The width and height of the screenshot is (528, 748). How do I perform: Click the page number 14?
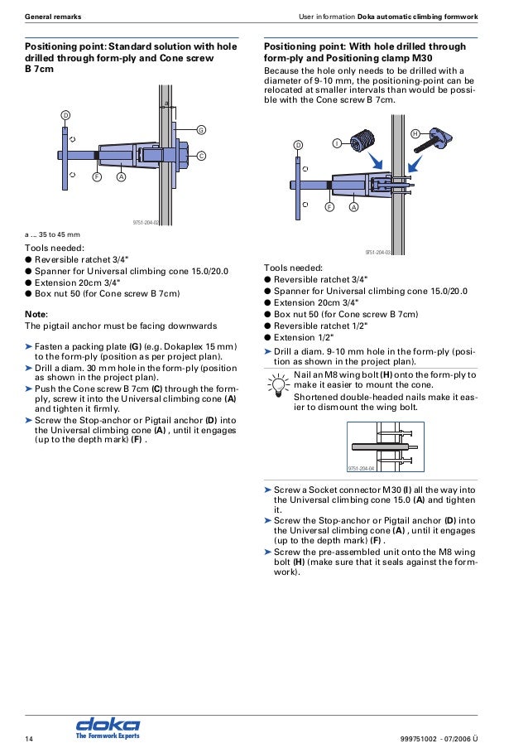29,737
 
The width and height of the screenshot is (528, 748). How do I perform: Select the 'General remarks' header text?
53,17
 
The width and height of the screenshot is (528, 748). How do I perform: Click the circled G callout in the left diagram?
200,130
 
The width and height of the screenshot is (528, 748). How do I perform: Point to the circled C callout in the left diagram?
200,156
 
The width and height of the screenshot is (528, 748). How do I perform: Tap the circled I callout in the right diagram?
337,143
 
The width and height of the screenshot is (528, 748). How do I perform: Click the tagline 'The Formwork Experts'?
108,736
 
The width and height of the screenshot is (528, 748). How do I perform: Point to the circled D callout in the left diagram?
65,113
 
